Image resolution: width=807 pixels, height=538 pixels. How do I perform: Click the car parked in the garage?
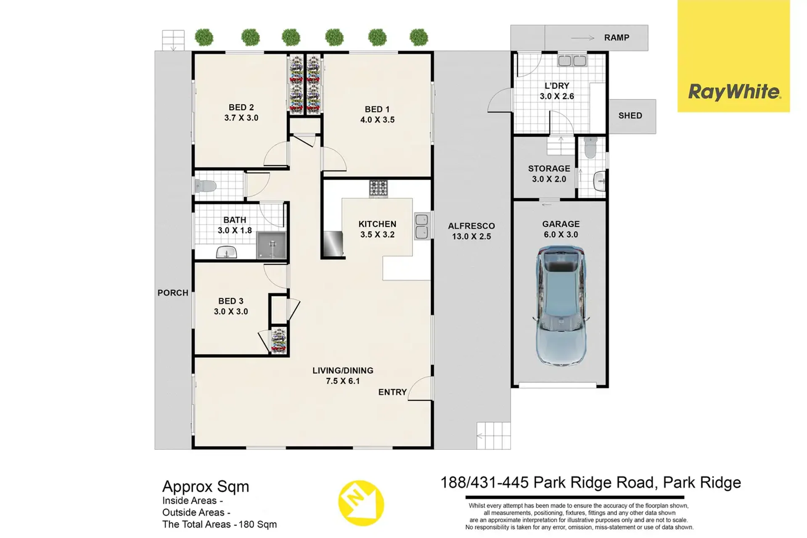click(x=561, y=306)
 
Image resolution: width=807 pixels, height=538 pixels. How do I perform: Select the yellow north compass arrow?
click(x=361, y=503)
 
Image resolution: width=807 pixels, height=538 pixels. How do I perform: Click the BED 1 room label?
click(x=377, y=109)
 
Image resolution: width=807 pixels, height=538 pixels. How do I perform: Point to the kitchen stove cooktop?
click(x=378, y=188)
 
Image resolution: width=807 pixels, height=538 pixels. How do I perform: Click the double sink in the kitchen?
click(x=422, y=226)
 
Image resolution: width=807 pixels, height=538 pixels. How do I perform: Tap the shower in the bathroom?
click(x=271, y=245)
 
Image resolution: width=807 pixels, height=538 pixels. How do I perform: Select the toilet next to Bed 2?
click(x=205, y=186)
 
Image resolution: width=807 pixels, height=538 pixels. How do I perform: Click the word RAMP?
click(x=616, y=38)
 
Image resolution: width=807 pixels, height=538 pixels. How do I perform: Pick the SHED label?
click(x=630, y=116)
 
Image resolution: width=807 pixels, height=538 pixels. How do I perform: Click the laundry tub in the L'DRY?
click(x=572, y=61)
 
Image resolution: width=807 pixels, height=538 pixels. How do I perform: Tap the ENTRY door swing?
click(x=420, y=388)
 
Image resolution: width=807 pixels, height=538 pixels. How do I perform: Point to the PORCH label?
click(x=173, y=293)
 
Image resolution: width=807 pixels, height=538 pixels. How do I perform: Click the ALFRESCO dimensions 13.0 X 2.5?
click(x=471, y=236)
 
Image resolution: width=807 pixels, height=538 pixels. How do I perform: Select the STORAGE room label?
click(x=549, y=168)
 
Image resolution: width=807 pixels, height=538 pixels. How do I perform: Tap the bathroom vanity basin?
click(x=226, y=252)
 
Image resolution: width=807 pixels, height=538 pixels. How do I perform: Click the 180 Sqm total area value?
click(x=258, y=525)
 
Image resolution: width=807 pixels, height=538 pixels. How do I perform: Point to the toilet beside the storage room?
click(x=590, y=147)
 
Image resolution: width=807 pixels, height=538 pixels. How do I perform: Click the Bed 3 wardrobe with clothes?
click(x=278, y=340)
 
